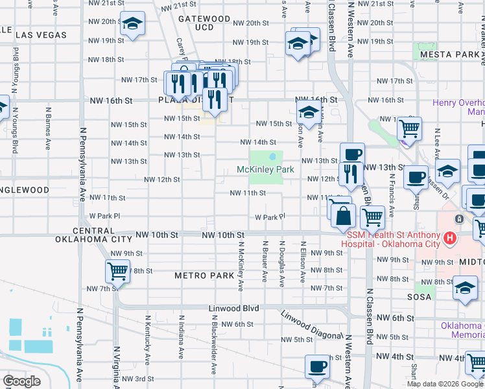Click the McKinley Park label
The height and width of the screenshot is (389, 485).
(x=266, y=170)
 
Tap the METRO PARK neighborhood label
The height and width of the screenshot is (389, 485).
(x=204, y=276)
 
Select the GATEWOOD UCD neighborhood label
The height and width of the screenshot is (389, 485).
(x=204, y=23)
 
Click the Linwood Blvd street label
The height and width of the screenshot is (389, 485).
(x=233, y=308)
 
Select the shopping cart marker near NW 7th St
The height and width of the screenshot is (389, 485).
(x=117, y=271)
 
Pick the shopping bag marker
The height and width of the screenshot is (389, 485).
(x=343, y=215)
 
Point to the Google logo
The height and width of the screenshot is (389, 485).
(x=21, y=381)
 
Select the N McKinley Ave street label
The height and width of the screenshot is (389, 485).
(x=241, y=266)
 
